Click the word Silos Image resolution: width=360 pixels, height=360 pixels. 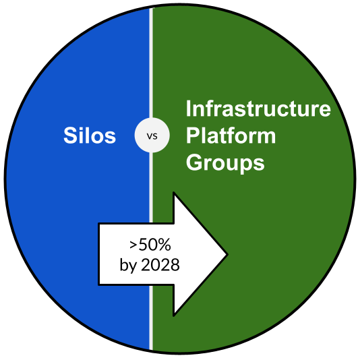[x=90, y=136]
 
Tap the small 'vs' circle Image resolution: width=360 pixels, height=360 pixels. [x=152, y=136]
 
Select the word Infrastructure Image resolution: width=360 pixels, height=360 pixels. [x=258, y=109]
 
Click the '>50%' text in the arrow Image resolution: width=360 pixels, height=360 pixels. [x=150, y=245]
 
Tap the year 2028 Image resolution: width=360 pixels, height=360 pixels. [x=160, y=265]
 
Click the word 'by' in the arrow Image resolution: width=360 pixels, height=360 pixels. [x=128, y=266]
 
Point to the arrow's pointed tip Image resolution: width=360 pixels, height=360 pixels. [x=227, y=254]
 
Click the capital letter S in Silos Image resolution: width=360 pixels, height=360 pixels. [x=70, y=136]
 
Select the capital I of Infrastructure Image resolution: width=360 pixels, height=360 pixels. [x=188, y=109]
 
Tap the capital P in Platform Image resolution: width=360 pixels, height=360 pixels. [x=192, y=136]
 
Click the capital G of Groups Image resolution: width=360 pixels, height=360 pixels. [x=193, y=162]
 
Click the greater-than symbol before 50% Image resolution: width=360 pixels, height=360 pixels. [x=133, y=245]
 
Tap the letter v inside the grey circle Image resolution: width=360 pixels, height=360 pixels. [x=149, y=136]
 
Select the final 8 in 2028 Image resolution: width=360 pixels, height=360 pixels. [x=175, y=265]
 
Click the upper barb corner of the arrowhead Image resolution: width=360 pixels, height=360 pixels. [x=174, y=192]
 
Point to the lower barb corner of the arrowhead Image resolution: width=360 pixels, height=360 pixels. [x=174, y=316]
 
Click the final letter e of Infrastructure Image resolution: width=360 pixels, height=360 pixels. [x=325, y=111]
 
